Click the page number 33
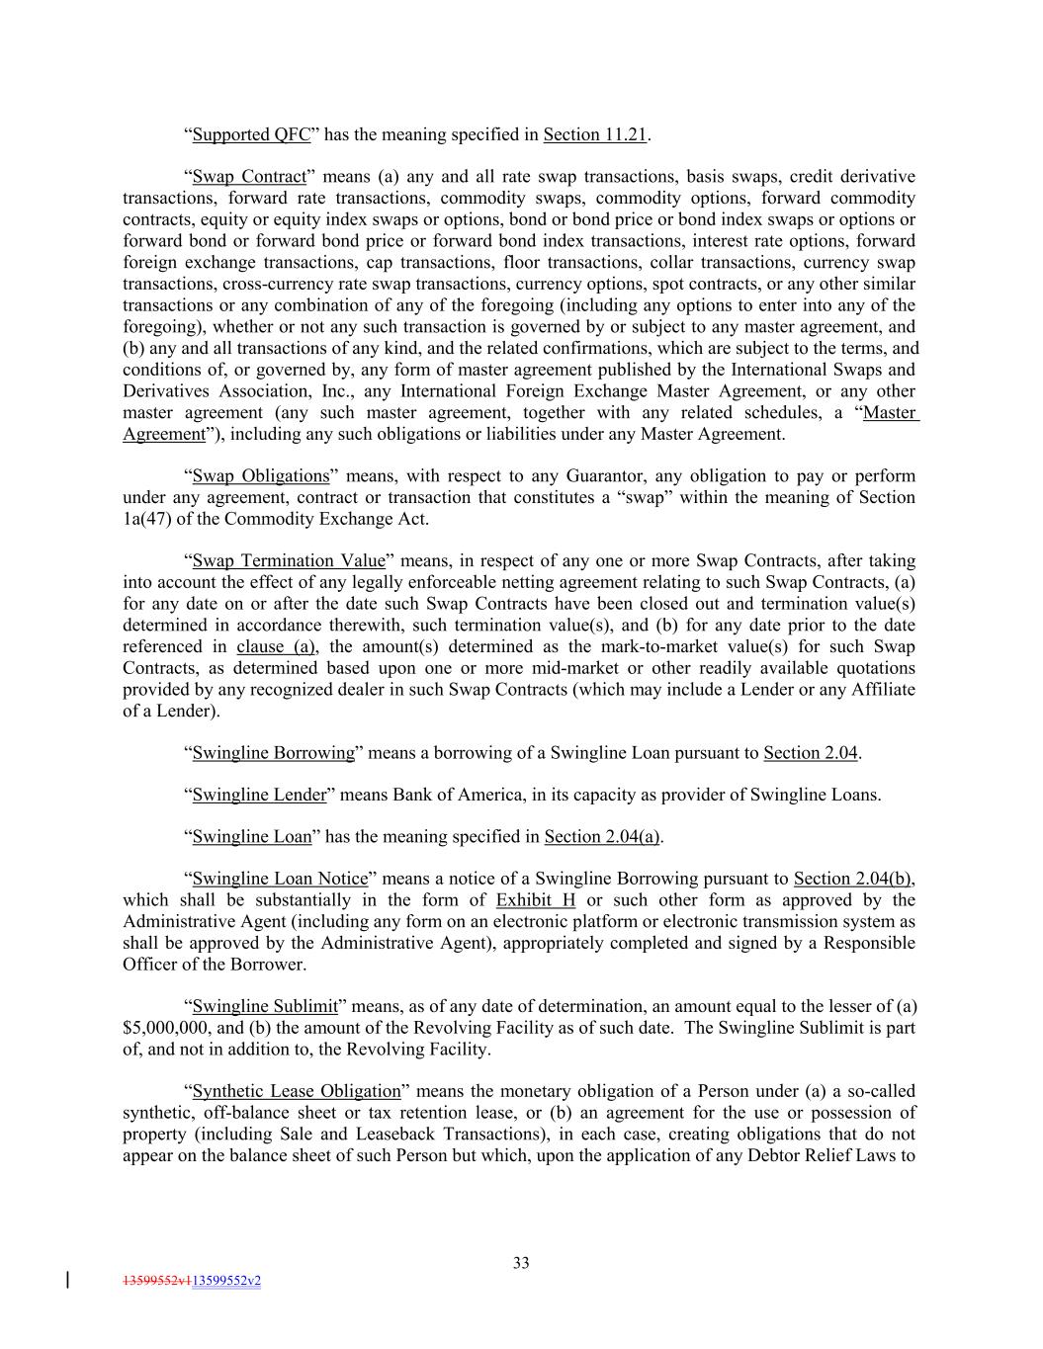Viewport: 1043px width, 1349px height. pyautogui.click(x=521, y=1262)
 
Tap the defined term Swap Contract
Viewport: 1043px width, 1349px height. pyautogui.click(x=249, y=177)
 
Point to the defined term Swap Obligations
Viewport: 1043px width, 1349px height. pyautogui.click(x=260, y=476)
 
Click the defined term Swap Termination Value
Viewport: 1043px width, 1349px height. pyautogui.click(x=289, y=561)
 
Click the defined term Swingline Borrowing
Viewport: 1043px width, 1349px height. pyautogui.click(x=273, y=753)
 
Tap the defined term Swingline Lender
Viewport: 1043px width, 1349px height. pyautogui.click(x=259, y=795)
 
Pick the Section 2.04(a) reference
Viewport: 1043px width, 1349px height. pyautogui.click(x=602, y=837)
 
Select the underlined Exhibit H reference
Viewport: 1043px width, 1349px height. pyautogui.click(x=536, y=900)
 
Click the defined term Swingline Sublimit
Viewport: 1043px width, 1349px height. pyautogui.click(x=265, y=1007)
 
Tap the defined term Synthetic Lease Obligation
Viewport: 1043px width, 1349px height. pyautogui.click(x=297, y=1092)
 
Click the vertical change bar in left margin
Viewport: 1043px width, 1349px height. pyautogui.click(x=66, y=1281)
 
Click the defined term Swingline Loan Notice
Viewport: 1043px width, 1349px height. pyautogui.click(x=280, y=879)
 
